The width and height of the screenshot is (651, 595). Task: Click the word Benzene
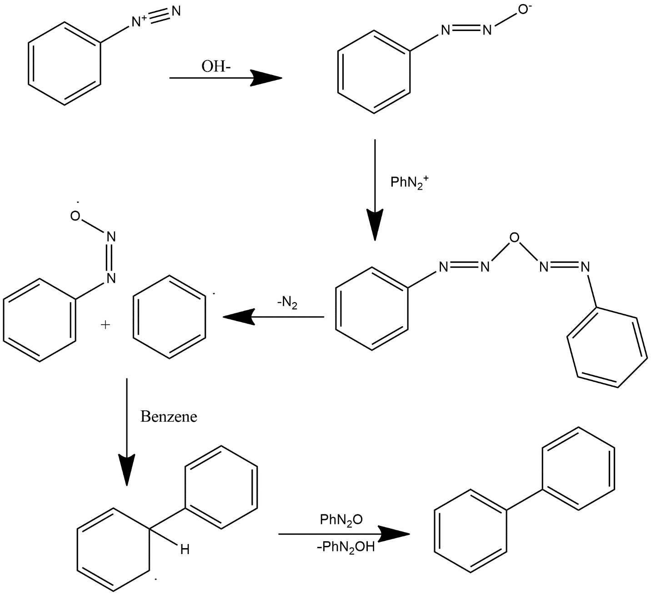tap(169, 417)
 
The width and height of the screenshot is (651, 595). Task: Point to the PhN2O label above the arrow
tap(341, 520)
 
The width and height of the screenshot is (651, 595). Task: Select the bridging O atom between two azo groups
tap(514, 237)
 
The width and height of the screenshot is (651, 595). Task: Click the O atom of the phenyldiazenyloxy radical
tap(75, 216)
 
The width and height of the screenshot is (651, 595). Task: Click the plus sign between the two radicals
tap(105, 325)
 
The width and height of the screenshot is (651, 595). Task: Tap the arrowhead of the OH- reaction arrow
tap(266, 78)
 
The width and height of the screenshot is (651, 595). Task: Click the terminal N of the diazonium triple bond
tap(175, 10)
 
